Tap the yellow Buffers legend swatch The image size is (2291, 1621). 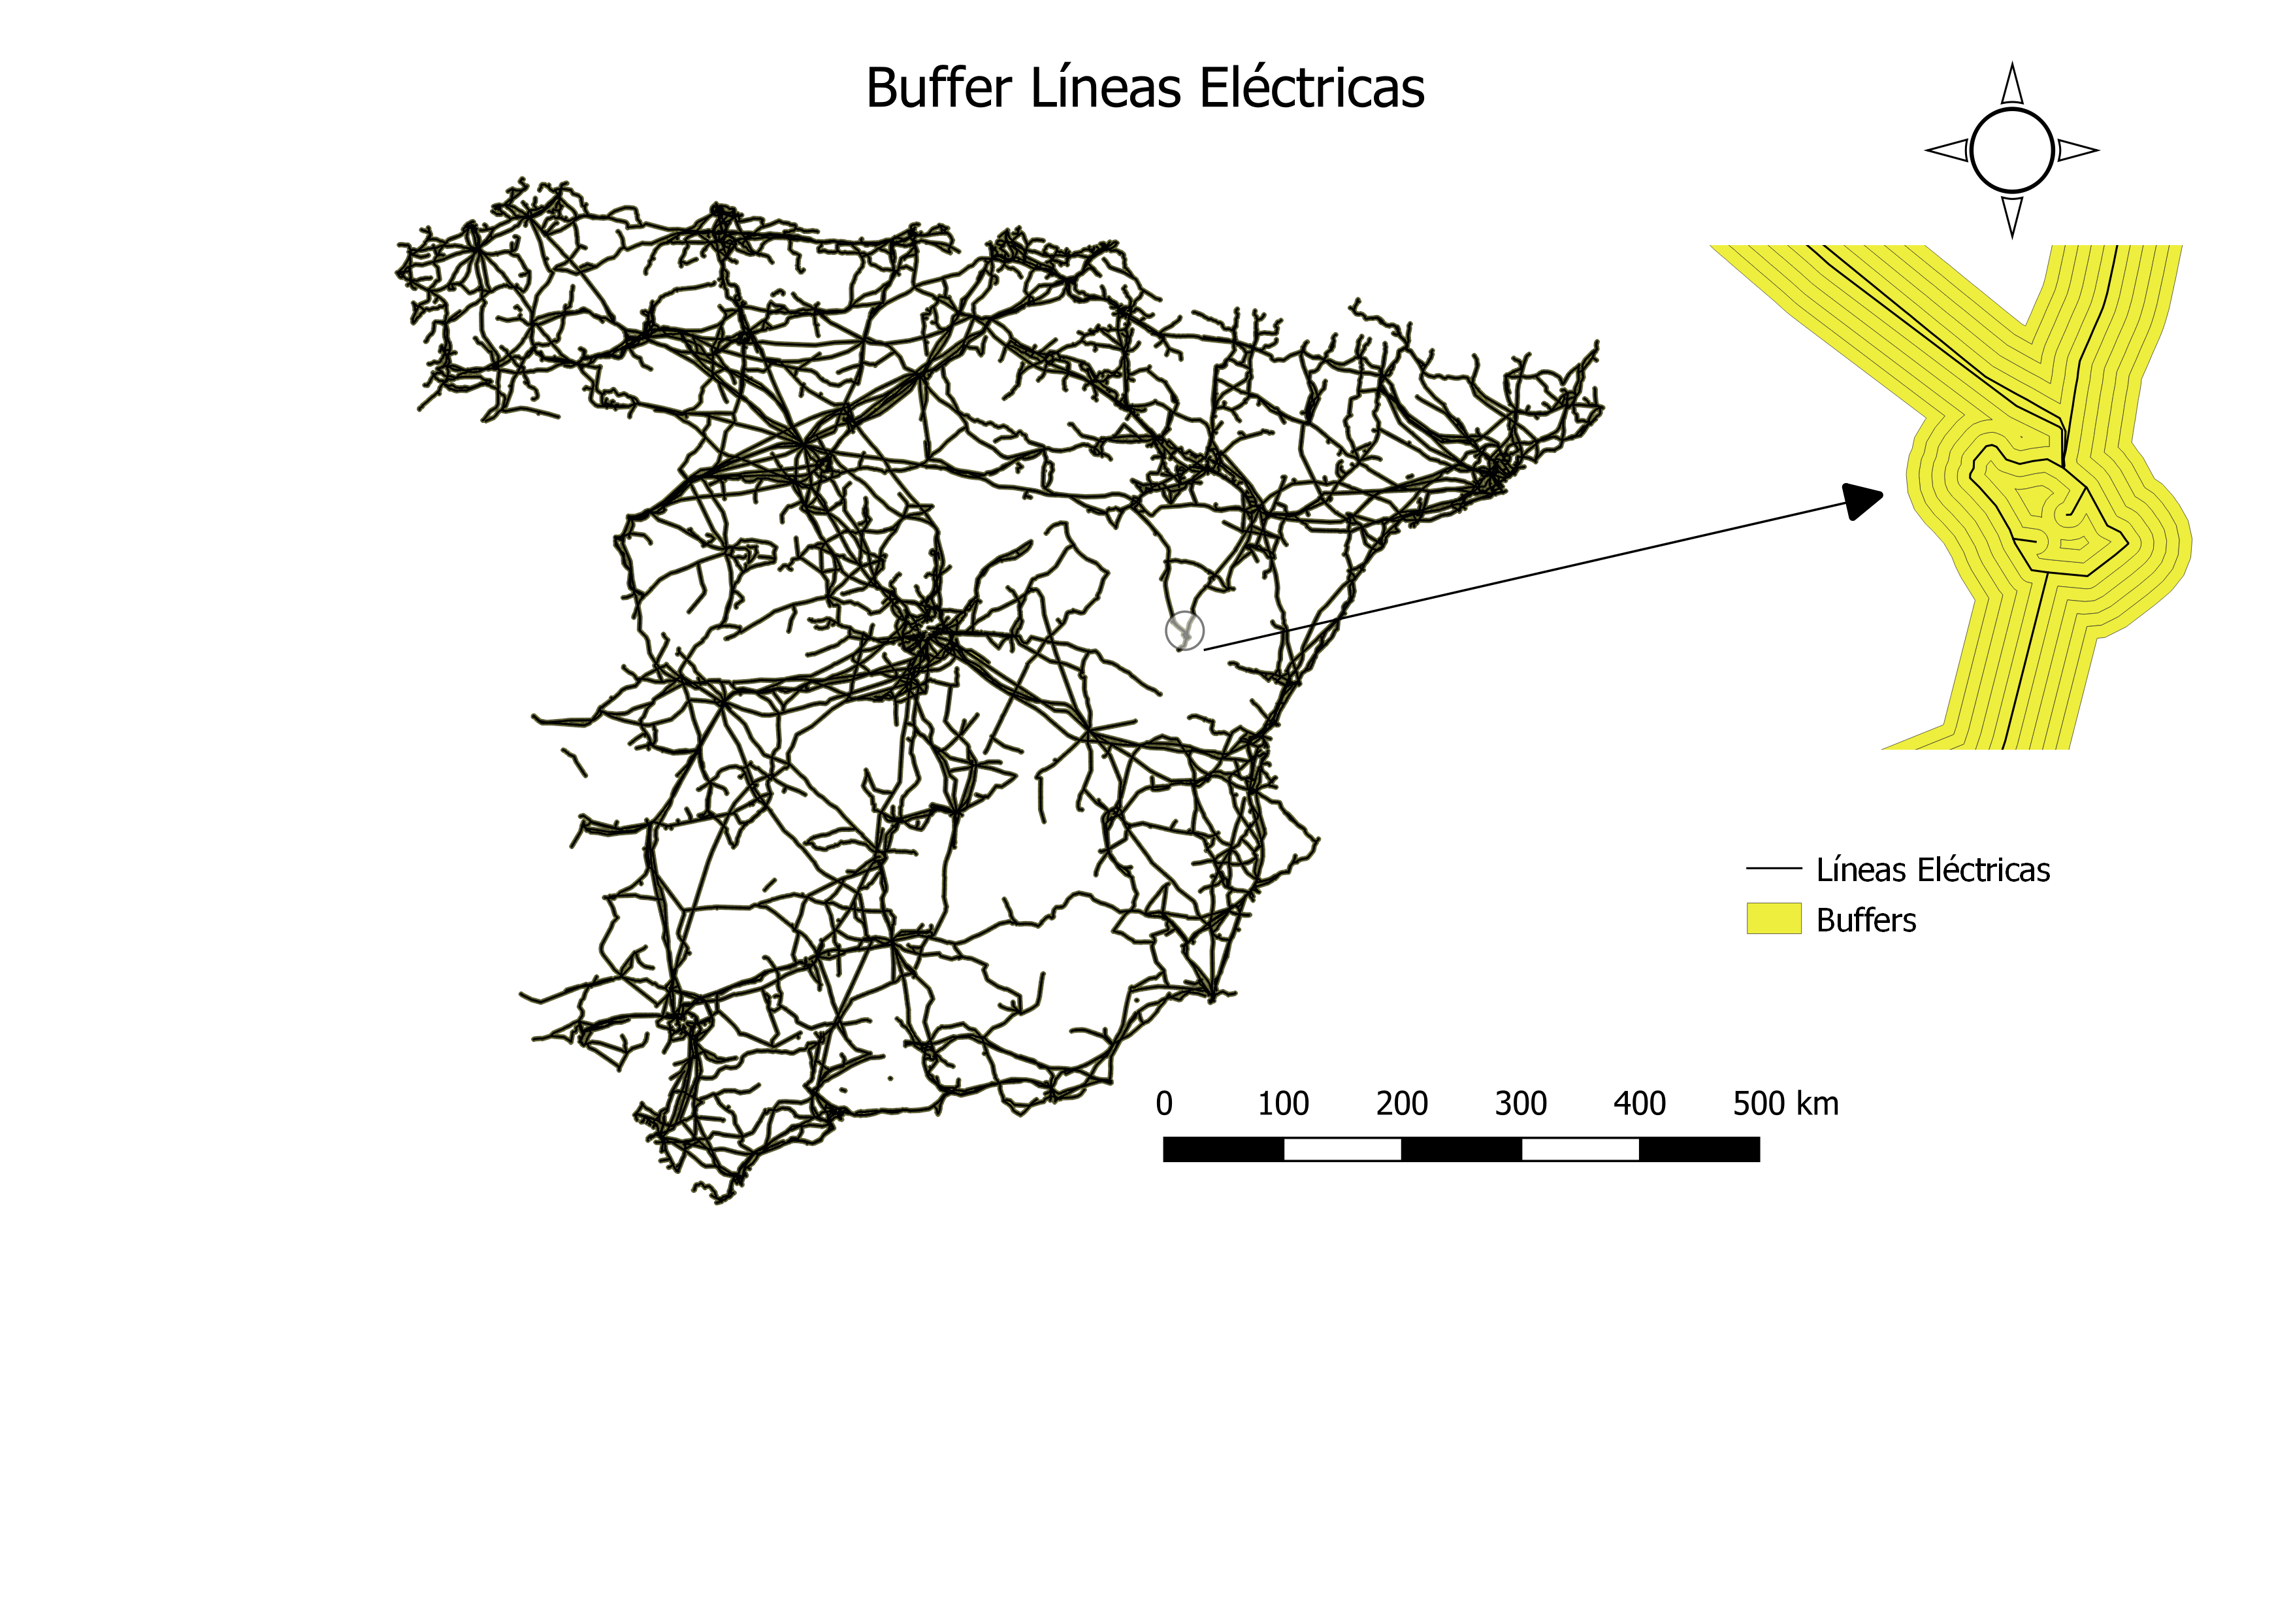click(x=1773, y=918)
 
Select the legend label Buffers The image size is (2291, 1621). click(x=1866, y=920)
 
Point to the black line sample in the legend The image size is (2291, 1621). click(x=1773, y=869)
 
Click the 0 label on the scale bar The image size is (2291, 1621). click(x=1163, y=1104)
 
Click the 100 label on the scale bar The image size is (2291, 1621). click(x=1282, y=1104)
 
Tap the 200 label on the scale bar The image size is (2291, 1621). click(x=1401, y=1104)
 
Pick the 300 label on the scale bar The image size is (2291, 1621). click(x=1521, y=1104)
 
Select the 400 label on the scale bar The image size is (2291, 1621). click(x=1640, y=1104)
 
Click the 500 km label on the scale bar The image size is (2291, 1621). click(x=1785, y=1104)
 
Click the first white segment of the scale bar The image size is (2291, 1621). click(x=1342, y=1150)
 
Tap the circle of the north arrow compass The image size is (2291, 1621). click(x=2011, y=151)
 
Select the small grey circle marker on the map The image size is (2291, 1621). click(x=1184, y=631)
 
